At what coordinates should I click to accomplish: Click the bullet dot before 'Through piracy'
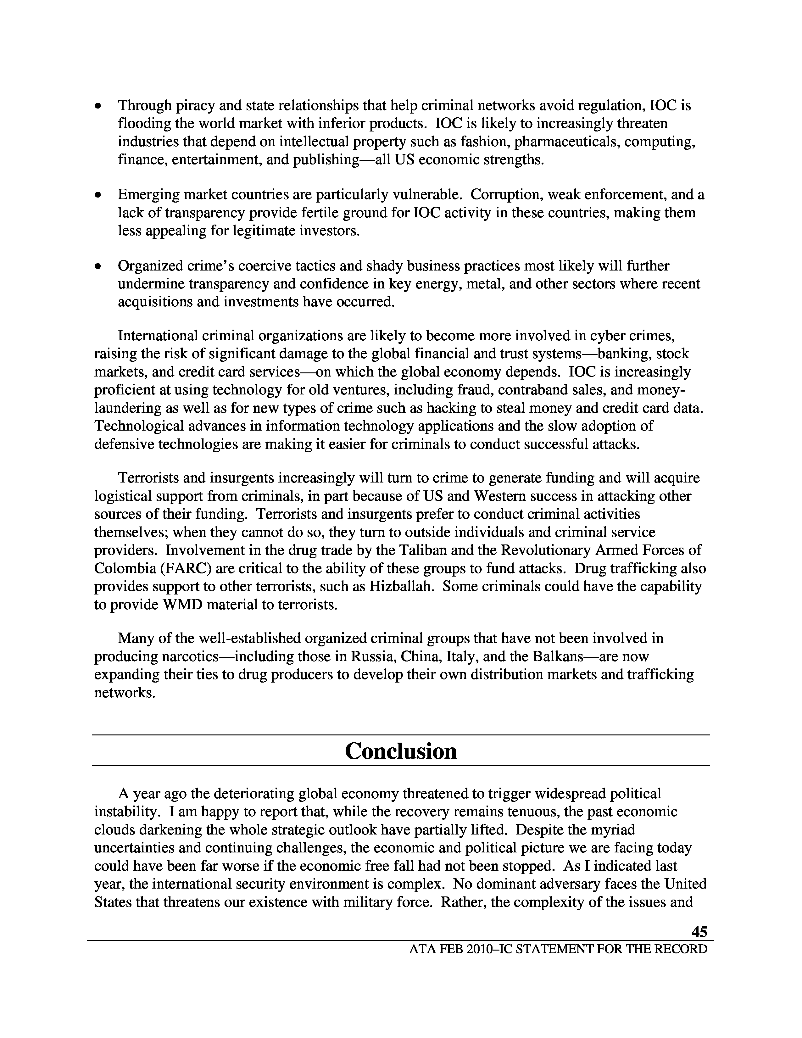[x=98, y=106]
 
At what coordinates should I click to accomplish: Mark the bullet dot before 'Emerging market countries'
[x=98, y=195]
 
